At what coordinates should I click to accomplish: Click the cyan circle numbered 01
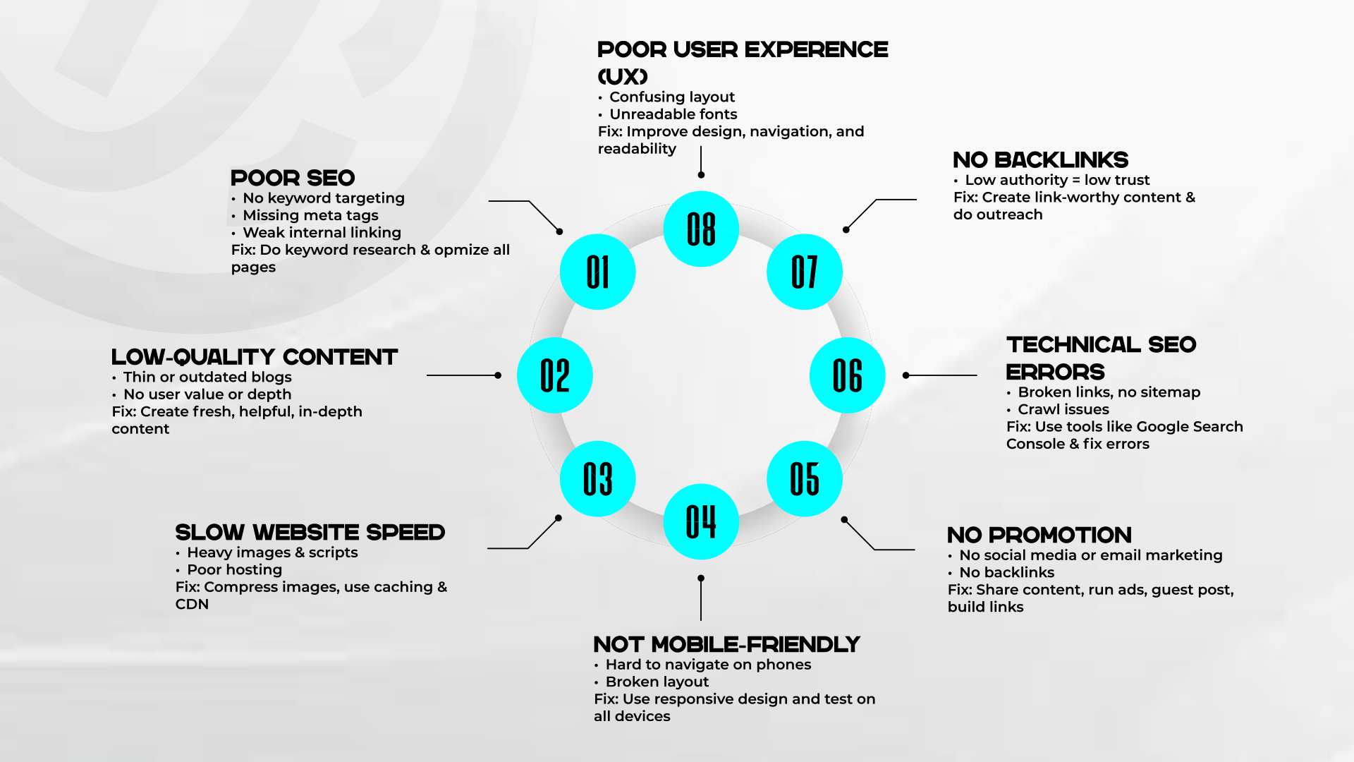pos(597,272)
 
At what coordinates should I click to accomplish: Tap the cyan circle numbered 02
pos(555,375)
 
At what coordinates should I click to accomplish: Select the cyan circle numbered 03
pos(597,479)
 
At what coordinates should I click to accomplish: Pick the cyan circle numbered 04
pos(701,521)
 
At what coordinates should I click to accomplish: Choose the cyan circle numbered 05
pos(805,479)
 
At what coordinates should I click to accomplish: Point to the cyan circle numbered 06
pos(848,375)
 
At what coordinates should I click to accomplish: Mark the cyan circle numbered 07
pos(805,272)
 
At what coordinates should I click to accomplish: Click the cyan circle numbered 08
pos(701,229)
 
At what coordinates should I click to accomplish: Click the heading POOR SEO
pos(293,178)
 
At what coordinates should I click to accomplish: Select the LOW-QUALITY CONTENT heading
pos(255,357)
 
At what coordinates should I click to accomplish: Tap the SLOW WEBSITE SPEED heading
pos(310,532)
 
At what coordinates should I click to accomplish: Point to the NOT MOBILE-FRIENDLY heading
pos(726,644)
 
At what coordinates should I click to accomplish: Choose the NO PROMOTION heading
pos(1039,535)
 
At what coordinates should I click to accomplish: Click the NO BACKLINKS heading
pos(1041,159)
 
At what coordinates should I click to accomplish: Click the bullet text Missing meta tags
pos(310,215)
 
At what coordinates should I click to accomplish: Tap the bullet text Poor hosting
pos(234,569)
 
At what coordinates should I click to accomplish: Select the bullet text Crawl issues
pos(1063,409)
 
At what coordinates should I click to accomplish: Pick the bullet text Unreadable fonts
pos(673,114)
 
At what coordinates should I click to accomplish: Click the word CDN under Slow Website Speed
pos(192,604)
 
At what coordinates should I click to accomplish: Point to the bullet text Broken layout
pos(657,682)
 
